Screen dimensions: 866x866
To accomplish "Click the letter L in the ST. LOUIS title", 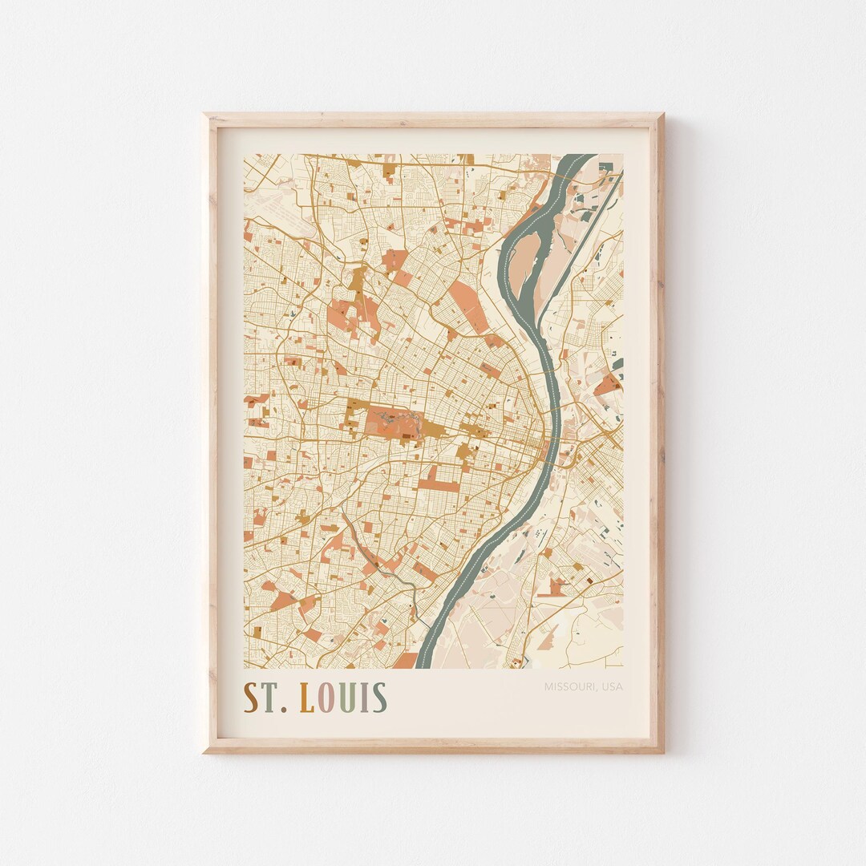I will (306, 698).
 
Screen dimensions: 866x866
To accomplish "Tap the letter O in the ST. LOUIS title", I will (327, 698).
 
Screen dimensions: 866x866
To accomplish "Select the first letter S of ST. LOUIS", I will (252, 698).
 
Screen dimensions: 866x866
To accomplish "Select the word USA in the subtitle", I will (612, 686).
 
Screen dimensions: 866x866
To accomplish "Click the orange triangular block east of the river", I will (609, 385).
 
